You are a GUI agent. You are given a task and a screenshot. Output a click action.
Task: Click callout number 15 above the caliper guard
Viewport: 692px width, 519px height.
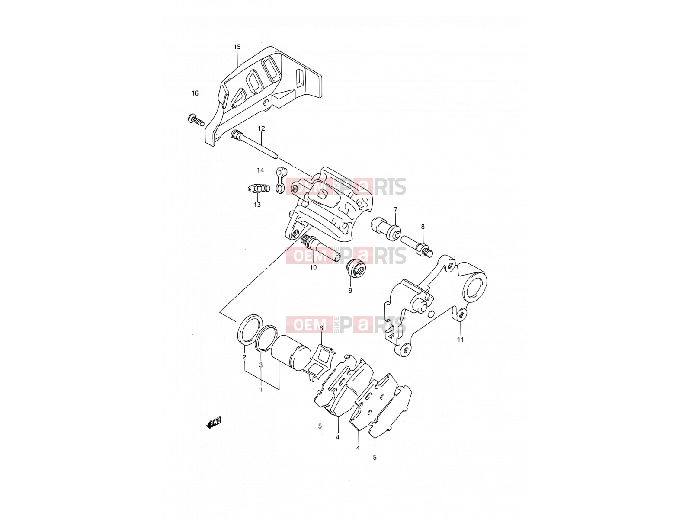click(x=237, y=47)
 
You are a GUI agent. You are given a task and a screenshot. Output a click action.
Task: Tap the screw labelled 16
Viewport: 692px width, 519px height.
click(x=196, y=120)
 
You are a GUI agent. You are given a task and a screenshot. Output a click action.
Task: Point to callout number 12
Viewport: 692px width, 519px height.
click(x=261, y=128)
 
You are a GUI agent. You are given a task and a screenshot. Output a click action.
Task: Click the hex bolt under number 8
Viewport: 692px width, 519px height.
click(x=417, y=246)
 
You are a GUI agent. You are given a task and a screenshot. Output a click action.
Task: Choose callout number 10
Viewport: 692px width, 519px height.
click(x=313, y=268)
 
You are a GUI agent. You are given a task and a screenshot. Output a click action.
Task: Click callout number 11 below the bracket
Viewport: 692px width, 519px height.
click(x=460, y=340)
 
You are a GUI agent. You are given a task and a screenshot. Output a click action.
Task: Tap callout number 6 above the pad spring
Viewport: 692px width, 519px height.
click(x=321, y=328)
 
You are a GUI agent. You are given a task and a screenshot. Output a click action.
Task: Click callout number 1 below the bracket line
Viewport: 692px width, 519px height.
click(x=261, y=390)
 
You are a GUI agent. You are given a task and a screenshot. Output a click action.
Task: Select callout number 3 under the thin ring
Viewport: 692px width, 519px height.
click(x=261, y=365)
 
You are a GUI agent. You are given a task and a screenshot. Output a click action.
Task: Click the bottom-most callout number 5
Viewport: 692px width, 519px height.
click(x=375, y=458)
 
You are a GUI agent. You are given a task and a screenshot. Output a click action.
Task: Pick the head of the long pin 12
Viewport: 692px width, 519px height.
click(x=235, y=135)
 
